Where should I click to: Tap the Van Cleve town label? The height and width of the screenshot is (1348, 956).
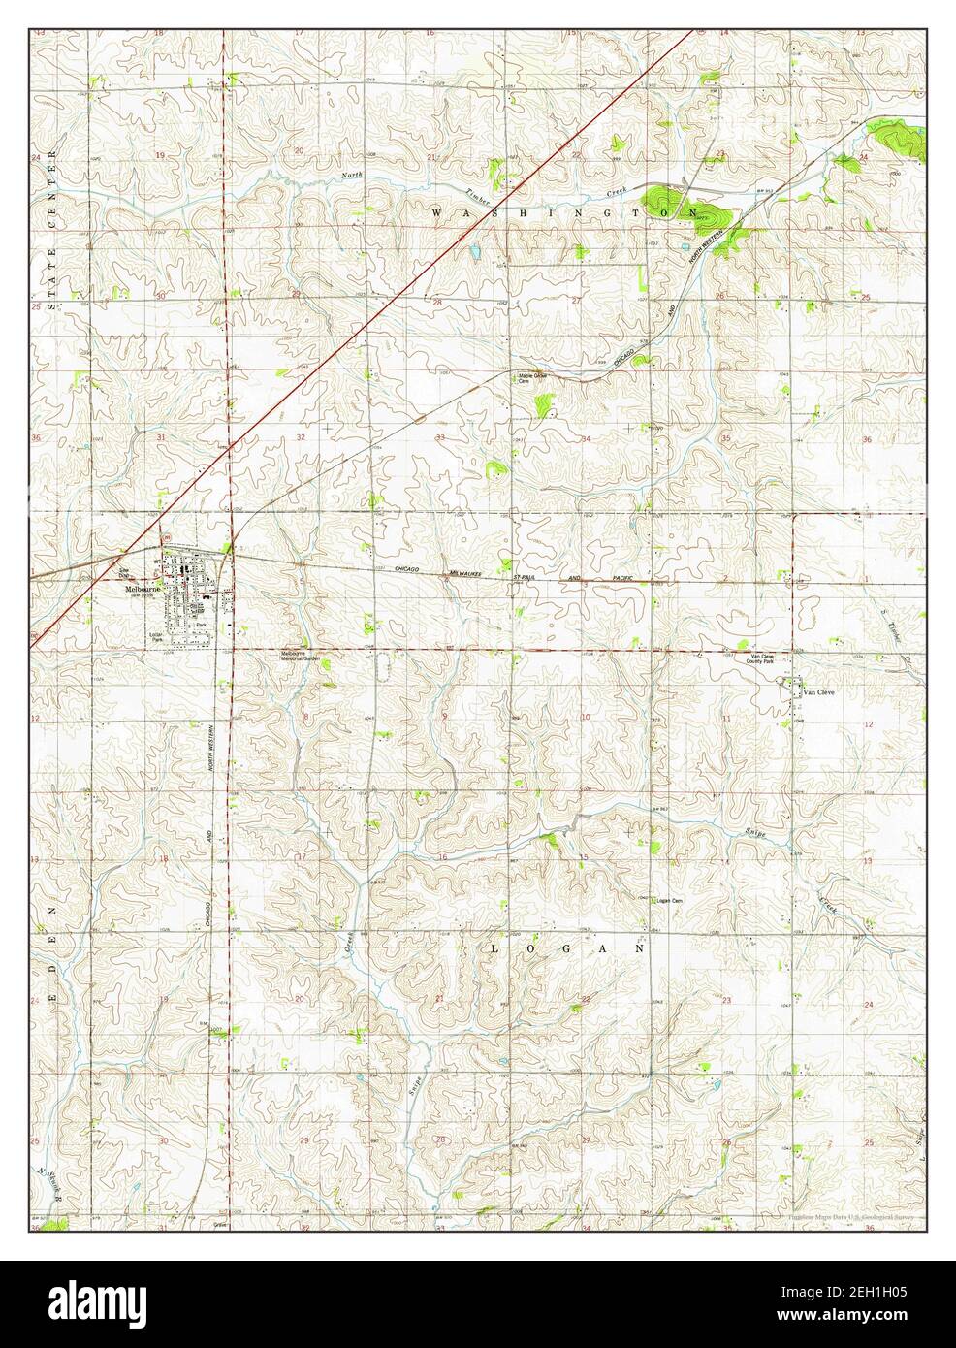pyautogui.click(x=816, y=692)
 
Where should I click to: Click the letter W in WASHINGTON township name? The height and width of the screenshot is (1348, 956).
pyautogui.click(x=436, y=210)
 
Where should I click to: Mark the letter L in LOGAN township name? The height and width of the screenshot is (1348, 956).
pyautogui.click(x=495, y=949)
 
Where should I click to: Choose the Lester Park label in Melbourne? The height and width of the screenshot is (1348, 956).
pyautogui.click(x=156, y=636)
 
